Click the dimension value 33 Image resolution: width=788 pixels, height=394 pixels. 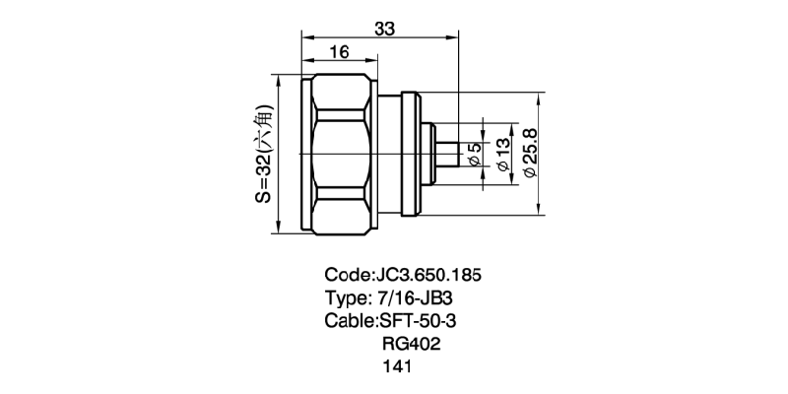tap(385, 30)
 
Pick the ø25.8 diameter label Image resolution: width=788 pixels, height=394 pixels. tap(531, 153)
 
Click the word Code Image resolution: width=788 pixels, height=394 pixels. tap(347, 273)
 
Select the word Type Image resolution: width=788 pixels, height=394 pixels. tap(346, 297)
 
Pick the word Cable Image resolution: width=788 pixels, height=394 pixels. tap(349, 320)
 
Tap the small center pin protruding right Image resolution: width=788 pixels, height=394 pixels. tap(447, 154)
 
